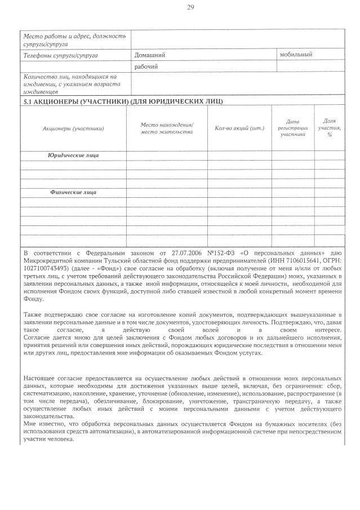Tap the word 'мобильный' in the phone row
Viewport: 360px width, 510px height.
tap(296, 55)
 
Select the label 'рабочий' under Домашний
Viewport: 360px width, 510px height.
tap(146, 67)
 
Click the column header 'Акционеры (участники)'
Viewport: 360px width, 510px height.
tap(73, 128)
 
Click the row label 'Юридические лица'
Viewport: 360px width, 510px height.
tap(73, 154)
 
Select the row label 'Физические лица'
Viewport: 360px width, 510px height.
tap(73, 192)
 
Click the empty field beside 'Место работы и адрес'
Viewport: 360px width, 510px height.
tap(237, 39)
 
